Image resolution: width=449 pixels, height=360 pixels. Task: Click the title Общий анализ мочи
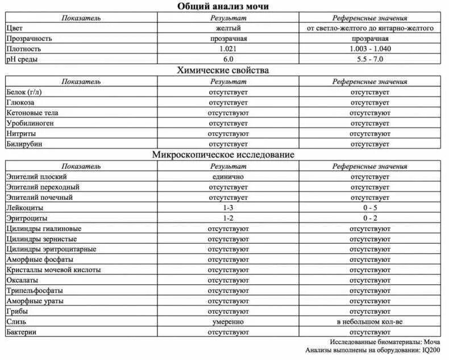(223, 6)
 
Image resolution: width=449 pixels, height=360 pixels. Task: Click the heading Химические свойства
(223, 70)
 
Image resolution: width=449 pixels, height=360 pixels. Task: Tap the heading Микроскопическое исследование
(223, 154)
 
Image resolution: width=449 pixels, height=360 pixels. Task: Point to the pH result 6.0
(228, 59)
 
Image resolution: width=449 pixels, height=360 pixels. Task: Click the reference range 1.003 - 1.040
(370, 49)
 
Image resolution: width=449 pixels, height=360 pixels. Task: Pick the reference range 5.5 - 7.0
(370, 59)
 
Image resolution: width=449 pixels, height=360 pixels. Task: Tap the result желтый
(228, 28)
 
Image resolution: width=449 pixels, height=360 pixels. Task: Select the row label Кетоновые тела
(32, 113)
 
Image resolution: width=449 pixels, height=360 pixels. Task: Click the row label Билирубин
(24, 144)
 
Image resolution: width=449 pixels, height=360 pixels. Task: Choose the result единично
(228, 177)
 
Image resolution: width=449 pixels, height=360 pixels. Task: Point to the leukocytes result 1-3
(228, 208)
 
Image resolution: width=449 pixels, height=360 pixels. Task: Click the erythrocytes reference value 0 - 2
(370, 218)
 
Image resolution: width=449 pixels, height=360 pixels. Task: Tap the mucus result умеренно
(228, 321)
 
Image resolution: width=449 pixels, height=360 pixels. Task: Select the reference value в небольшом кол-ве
(370, 321)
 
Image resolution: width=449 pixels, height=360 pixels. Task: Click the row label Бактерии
(23, 332)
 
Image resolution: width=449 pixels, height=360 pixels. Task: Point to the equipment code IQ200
(430, 350)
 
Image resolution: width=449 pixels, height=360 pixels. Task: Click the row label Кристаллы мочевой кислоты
(53, 270)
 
